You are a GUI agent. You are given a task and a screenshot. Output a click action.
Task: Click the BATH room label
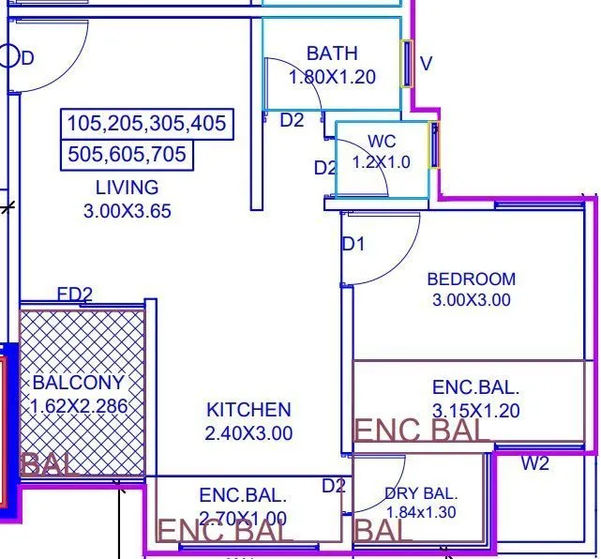[x=332, y=54]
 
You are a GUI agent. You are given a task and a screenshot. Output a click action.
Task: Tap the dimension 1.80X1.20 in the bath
[x=332, y=77]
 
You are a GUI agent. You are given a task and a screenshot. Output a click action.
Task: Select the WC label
[x=382, y=142]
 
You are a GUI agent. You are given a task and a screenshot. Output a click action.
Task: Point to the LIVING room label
[x=127, y=188]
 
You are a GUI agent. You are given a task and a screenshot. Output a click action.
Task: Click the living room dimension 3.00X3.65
[x=128, y=211]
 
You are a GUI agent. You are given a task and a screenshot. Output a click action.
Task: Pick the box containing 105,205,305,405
[x=146, y=124]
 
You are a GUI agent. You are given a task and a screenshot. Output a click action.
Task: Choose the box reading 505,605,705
[x=128, y=155]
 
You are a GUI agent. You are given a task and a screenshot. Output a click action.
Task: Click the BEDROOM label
[x=471, y=279]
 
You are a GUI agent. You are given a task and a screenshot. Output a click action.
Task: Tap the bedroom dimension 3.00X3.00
[x=471, y=301]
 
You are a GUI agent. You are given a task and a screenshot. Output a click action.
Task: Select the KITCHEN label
[x=248, y=410]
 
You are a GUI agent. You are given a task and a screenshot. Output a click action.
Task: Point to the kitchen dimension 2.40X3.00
[x=248, y=433]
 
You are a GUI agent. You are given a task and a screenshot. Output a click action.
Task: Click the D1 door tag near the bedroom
[x=353, y=245]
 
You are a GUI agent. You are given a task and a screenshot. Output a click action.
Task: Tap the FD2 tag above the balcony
[x=75, y=295]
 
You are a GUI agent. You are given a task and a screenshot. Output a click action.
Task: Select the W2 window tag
[x=535, y=463]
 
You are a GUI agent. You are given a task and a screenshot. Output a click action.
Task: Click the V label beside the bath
[x=427, y=64]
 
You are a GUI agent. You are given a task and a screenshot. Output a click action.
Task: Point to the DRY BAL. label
[x=421, y=493]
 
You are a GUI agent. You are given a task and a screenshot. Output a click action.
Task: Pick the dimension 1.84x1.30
[x=421, y=512]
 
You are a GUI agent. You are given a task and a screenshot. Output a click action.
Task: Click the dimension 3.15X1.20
[x=475, y=411]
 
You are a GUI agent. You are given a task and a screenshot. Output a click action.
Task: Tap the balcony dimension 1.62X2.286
[x=79, y=406]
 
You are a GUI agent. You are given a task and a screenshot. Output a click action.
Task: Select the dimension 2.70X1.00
[x=243, y=518]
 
